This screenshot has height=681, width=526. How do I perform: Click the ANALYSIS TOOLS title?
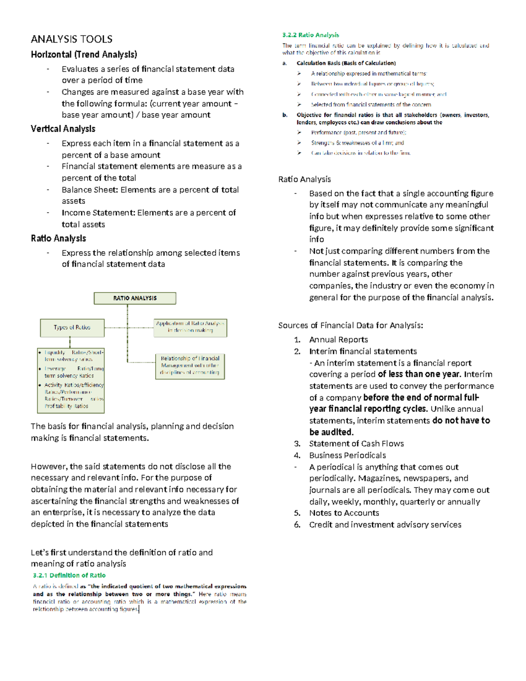[x=71, y=39]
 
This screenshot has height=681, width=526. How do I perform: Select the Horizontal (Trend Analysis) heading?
[x=84, y=54]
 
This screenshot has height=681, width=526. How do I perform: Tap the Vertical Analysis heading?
[x=63, y=129]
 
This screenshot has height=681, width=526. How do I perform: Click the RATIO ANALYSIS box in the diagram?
[x=135, y=298]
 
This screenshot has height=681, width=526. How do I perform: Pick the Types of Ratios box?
[x=72, y=328]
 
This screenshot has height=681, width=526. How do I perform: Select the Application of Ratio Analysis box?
[x=190, y=327]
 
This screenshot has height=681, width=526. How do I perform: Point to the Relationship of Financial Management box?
[x=190, y=366]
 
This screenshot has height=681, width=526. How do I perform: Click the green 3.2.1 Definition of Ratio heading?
[x=69, y=575]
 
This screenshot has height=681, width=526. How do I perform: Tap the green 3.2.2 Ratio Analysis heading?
[x=310, y=35]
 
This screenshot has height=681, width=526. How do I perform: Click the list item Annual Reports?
[x=338, y=340]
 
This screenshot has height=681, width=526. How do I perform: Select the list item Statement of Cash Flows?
[x=356, y=444]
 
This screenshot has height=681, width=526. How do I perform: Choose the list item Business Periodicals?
[x=348, y=456]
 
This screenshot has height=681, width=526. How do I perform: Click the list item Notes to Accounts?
[x=344, y=513]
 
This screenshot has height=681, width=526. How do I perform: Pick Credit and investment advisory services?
[x=385, y=525]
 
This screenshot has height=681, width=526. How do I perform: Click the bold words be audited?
[x=331, y=432]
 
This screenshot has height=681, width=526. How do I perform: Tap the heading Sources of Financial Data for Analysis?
[x=350, y=325]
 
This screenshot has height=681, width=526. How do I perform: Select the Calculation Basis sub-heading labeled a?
[x=346, y=63]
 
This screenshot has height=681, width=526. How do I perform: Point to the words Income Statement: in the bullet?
[x=98, y=213]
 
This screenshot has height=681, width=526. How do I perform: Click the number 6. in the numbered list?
[x=297, y=525]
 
